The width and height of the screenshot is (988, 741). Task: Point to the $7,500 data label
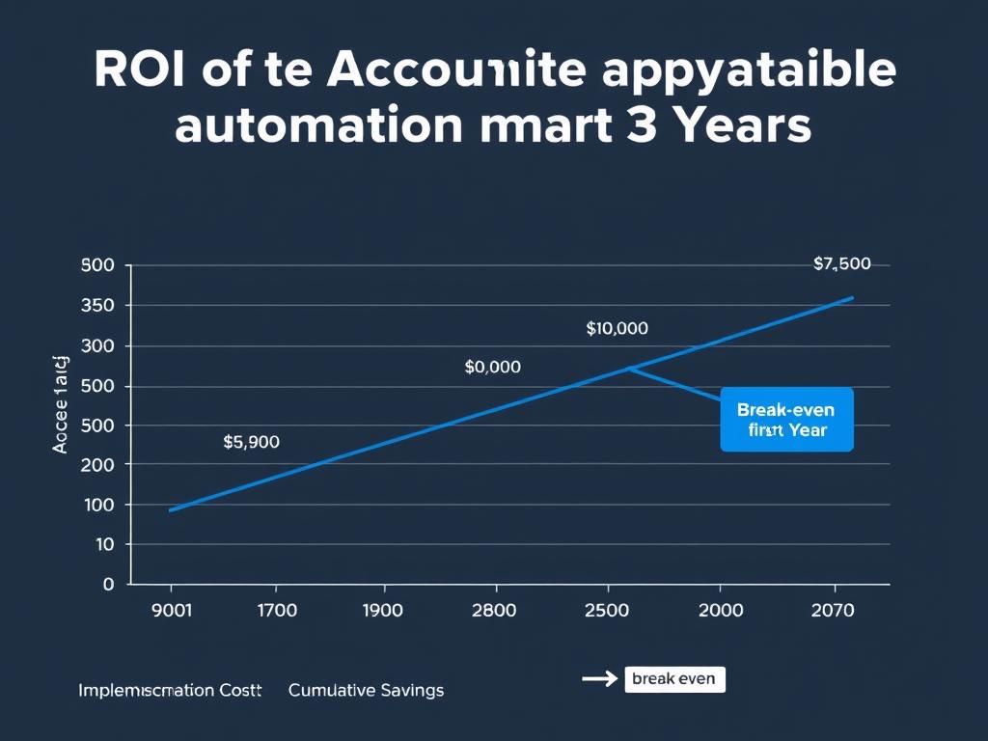click(841, 263)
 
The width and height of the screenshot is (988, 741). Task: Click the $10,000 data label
click(617, 328)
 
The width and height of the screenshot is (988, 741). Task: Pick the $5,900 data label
click(251, 442)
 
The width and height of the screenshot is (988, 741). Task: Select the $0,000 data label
click(492, 367)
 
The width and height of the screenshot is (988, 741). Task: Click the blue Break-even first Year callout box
click(786, 420)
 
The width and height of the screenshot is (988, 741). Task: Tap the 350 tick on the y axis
click(98, 306)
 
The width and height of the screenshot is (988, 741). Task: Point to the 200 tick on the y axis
click(98, 464)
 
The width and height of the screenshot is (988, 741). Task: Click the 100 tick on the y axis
click(98, 505)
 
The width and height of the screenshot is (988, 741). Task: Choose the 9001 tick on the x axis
click(172, 610)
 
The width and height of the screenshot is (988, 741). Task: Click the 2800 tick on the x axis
click(495, 610)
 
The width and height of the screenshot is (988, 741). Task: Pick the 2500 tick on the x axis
click(608, 610)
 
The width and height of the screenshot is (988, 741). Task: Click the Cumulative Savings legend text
click(366, 690)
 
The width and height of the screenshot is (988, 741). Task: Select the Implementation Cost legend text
click(170, 690)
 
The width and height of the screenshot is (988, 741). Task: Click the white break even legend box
click(673, 679)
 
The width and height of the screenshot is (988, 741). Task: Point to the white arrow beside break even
click(598, 679)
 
